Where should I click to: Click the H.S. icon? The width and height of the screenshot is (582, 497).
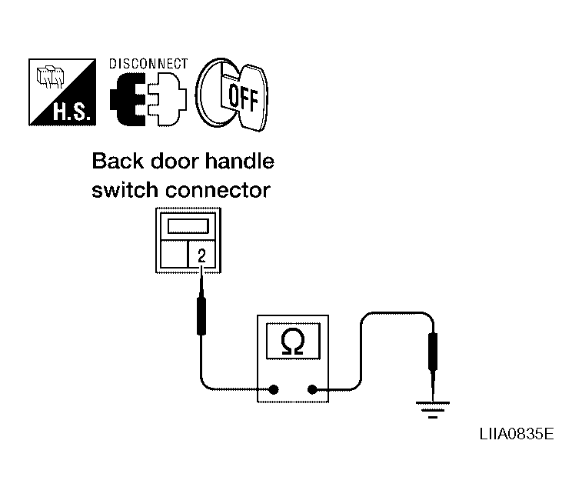63,92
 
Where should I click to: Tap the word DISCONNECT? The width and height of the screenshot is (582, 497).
149,64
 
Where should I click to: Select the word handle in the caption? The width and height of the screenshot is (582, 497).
242,162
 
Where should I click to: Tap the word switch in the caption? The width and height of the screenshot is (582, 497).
125,190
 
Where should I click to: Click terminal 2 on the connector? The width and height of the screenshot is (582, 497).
201,255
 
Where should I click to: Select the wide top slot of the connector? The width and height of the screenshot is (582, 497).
188,226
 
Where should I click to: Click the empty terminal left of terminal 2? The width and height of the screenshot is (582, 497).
174,255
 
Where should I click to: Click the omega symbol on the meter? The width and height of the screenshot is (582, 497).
294,340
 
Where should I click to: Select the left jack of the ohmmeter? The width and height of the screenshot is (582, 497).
274,389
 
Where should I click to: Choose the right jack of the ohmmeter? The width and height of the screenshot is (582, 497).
313,389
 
